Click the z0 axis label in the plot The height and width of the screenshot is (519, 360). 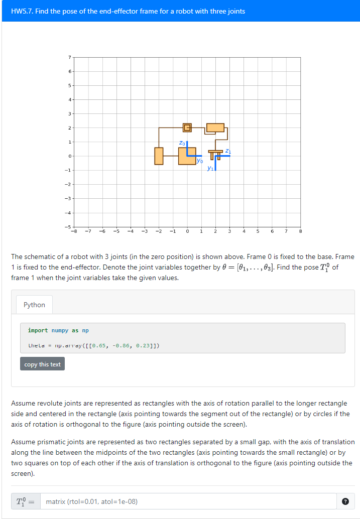click(x=182, y=143)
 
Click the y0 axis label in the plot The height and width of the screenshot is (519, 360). click(x=200, y=161)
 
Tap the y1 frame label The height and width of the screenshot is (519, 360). click(x=210, y=168)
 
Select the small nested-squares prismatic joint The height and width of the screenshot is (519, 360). click(x=187, y=127)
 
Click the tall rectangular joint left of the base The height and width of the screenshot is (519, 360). click(x=159, y=156)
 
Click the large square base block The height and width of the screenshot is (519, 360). click(x=187, y=156)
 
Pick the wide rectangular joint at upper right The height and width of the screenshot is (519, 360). click(x=215, y=127)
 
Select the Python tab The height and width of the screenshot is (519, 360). click(x=34, y=305)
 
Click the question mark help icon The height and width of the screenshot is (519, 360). click(x=345, y=501)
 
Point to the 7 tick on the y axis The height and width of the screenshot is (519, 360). click(x=70, y=57)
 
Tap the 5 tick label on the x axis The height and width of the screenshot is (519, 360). click(x=258, y=231)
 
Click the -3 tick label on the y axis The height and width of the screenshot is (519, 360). click(x=69, y=199)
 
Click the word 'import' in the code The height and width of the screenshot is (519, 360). click(x=38, y=330)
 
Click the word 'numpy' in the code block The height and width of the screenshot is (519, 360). click(x=60, y=330)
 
